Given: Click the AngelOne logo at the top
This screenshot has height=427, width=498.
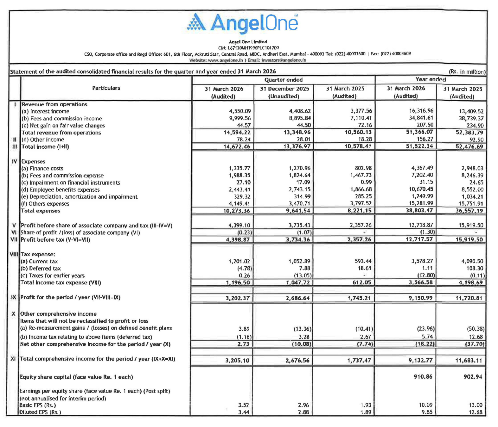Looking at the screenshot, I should [242, 23].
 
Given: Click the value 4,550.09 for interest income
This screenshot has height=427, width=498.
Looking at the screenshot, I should [240, 111].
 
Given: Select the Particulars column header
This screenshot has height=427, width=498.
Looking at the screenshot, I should [106, 88].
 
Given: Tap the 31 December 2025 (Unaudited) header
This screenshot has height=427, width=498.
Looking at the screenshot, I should [284, 92].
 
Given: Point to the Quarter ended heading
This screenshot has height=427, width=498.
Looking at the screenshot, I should [283, 80].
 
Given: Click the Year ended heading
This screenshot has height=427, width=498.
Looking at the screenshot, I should [430, 79].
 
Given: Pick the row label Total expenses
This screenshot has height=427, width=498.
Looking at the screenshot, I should [41, 211].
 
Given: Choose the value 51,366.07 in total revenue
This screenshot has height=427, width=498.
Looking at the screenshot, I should [419, 132].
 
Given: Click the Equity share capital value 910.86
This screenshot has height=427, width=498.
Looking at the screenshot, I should [423, 376].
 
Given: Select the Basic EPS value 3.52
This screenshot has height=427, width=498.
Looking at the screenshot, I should [243, 405].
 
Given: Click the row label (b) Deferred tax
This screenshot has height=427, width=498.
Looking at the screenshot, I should [41, 269].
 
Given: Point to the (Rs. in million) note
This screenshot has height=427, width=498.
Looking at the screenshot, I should [467, 72].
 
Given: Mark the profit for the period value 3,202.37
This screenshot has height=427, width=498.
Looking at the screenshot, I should [237, 298].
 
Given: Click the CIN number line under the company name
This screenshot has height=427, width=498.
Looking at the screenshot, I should [248, 48].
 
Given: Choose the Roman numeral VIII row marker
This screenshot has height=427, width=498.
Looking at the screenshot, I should [14, 254].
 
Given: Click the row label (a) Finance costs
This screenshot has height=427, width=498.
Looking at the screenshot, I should [42, 169].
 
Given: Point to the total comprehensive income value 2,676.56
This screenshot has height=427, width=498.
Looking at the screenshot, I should [297, 360].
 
